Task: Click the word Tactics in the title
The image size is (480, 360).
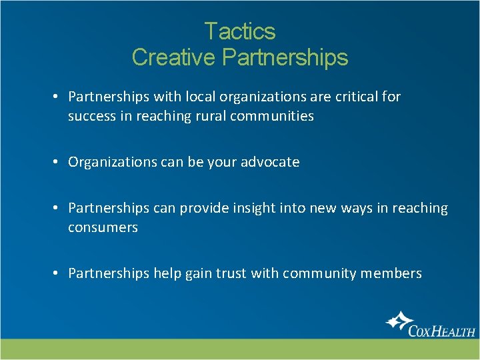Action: [239, 31]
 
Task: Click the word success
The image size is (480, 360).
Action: [92, 116]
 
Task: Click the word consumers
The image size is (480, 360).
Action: [103, 227]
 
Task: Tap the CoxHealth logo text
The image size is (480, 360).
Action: [441, 329]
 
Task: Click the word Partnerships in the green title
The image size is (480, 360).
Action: [285, 57]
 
